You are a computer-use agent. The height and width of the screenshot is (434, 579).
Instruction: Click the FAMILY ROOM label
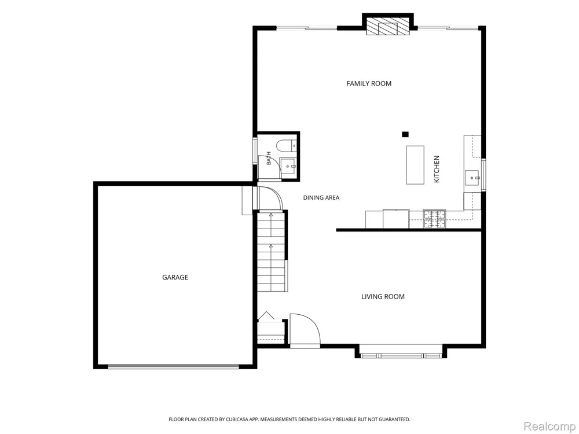[x=368, y=83]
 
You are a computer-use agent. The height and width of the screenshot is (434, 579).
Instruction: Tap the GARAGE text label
[x=175, y=277]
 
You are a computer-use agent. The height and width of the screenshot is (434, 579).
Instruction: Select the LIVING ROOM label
[x=383, y=296]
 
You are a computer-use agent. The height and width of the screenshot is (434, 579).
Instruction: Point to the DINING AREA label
[x=321, y=198]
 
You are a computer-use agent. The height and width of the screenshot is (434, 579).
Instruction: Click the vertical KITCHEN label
[x=437, y=169]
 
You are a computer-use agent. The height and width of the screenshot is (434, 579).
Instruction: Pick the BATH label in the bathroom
[x=269, y=159]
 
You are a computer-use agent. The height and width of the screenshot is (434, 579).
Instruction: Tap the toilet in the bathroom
[x=286, y=146]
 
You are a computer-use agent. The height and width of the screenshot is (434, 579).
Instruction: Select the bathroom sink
[x=288, y=167]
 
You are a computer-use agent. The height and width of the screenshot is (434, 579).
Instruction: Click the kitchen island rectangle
[x=415, y=164]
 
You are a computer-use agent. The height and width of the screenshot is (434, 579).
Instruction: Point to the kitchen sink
[x=472, y=178]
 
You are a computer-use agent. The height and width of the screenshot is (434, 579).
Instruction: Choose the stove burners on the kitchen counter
[x=434, y=219]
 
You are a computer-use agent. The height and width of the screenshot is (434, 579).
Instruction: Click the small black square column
[x=405, y=134]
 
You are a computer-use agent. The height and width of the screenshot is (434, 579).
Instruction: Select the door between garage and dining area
[x=270, y=198]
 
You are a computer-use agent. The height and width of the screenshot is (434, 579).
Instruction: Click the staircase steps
[x=272, y=251]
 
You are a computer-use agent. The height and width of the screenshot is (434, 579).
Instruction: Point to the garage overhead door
[x=174, y=366]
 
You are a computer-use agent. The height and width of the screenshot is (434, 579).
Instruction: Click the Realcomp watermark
[x=549, y=426]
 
